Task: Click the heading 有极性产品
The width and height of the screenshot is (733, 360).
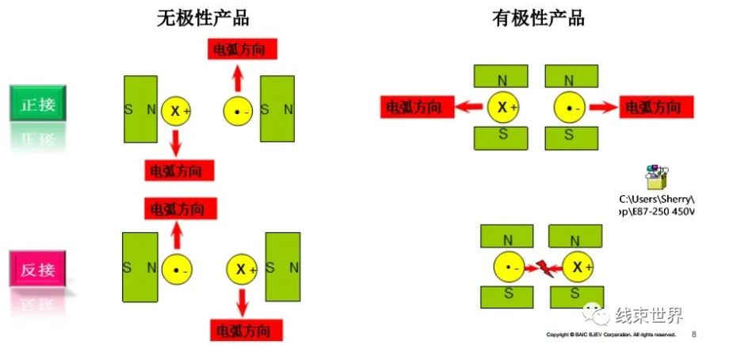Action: click(x=538, y=17)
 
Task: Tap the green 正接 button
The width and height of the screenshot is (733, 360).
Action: click(x=37, y=104)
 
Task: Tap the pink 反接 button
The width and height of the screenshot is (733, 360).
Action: click(x=37, y=269)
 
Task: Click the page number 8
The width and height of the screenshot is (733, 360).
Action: click(x=694, y=335)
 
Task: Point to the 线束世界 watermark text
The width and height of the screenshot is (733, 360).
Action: click(x=649, y=316)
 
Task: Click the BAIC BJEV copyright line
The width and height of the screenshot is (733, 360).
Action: click(x=611, y=335)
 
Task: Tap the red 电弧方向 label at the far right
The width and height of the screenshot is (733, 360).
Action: click(x=656, y=106)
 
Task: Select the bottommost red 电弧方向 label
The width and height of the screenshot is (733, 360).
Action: click(x=246, y=330)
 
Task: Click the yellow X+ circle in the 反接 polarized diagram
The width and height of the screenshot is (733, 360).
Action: click(x=578, y=268)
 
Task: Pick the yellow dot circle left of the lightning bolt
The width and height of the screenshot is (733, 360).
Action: click(x=510, y=268)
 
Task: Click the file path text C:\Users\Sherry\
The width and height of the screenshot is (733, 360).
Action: click(x=659, y=198)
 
